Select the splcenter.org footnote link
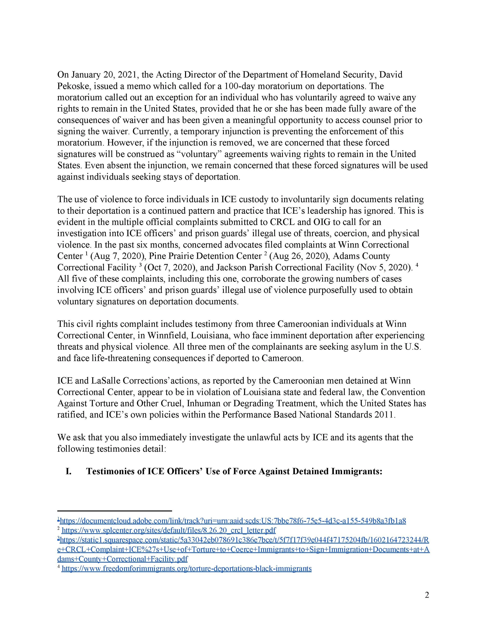(169, 530)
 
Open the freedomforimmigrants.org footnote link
(186, 568)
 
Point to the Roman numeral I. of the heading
(68, 471)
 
